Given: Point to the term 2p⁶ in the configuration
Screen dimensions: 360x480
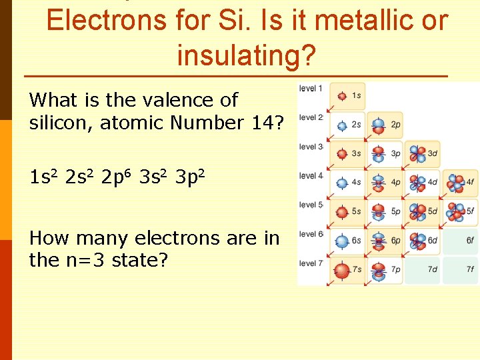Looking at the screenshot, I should coord(119,178).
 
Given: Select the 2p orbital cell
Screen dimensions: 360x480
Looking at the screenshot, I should coord(385,125).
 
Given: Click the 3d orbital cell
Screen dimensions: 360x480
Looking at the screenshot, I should coord(423,153).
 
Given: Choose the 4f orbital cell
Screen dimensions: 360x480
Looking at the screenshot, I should coord(460,182).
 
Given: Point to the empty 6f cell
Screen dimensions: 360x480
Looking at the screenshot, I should coord(460,241).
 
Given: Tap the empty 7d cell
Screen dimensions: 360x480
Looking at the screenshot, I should coord(423,270).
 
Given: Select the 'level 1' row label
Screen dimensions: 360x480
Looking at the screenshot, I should coord(311,88).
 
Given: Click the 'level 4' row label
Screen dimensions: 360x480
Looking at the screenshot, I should coord(311,175).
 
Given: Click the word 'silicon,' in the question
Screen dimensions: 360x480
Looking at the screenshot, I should coord(61,123).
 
